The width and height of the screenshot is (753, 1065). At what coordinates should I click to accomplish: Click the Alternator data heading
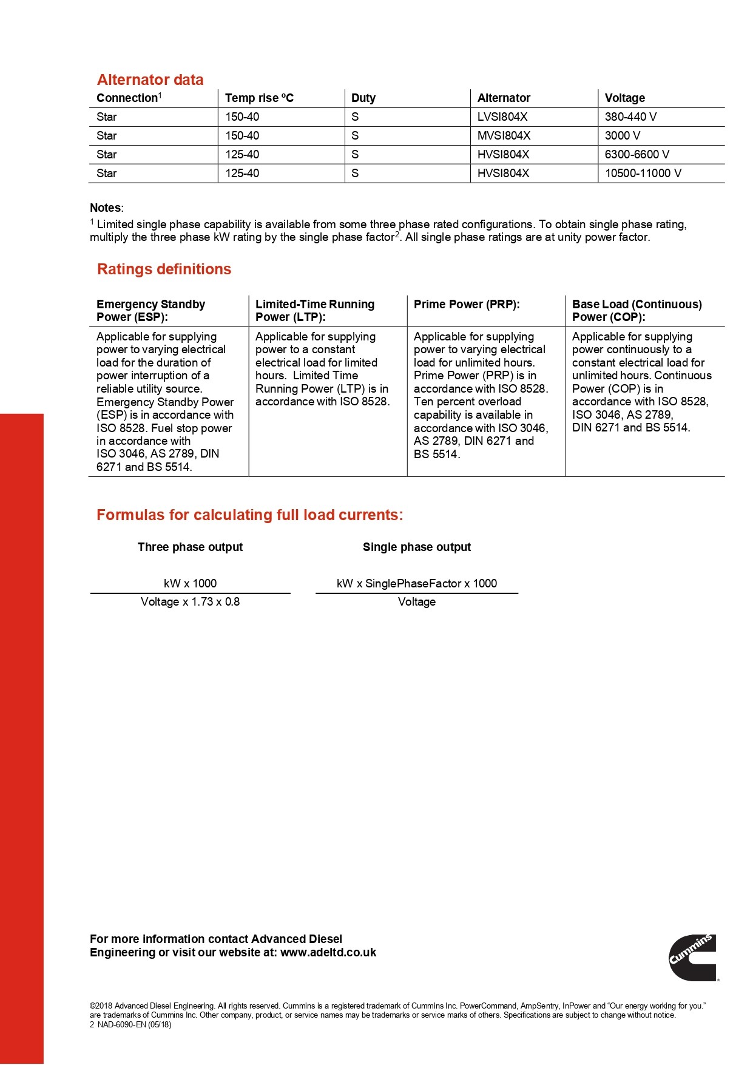click(x=150, y=80)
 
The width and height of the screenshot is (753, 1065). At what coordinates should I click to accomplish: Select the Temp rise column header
click(x=259, y=98)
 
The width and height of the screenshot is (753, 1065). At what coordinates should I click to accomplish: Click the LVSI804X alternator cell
click(x=502, y=117)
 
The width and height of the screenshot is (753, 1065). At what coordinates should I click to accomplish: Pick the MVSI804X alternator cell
click(x=504, y=136)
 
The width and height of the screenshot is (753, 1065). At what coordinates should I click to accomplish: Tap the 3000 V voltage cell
click(x=623, y=136)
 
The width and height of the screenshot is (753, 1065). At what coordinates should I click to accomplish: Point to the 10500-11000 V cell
click(x=643, y=174)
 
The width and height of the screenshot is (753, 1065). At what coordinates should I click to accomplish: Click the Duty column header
click(x=363, y=98)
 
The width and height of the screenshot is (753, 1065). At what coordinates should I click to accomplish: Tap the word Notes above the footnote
click(x=106, y=208)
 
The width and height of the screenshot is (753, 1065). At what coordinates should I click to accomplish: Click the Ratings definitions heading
click(x=164, y=269)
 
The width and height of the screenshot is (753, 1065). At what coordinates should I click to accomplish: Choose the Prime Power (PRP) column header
click(x=467, y=305)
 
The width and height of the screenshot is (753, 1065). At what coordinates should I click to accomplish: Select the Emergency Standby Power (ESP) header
click(x=150, y=311)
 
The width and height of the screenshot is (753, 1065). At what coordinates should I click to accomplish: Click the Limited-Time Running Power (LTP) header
click(x=315, y=311)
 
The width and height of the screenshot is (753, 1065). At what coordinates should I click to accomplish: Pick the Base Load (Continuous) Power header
click(x=637, y=311)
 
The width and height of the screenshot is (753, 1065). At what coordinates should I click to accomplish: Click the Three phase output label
click(x=190, y=547)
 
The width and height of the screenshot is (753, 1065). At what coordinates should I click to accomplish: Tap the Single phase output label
click(x=417, y=547)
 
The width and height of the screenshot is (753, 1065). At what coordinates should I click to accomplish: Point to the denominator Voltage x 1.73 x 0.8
click(x=190, y=602)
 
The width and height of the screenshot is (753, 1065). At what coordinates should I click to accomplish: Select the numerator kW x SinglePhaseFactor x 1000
click(x=417, y=584)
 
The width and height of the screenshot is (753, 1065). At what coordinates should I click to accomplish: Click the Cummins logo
click(x=693, y=958)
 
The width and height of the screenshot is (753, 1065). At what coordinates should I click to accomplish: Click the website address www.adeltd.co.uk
click(x=328, y=953)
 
